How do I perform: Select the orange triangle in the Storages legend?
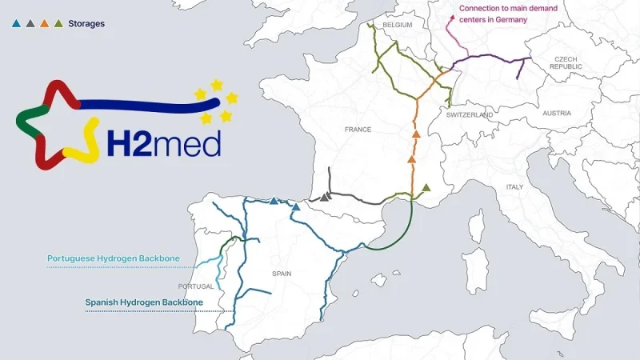point(44,24)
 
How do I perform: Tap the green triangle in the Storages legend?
point(58,24)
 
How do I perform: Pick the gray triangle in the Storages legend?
point(30,24)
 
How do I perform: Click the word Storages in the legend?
point(86,24)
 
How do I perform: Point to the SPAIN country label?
point(282,274)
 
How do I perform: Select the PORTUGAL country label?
point(197,286)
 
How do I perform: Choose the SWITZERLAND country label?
point(470,115)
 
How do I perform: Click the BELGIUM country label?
point(397,26)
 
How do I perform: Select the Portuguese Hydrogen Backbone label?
point(112,258)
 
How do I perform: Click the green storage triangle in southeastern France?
point(426,187)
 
